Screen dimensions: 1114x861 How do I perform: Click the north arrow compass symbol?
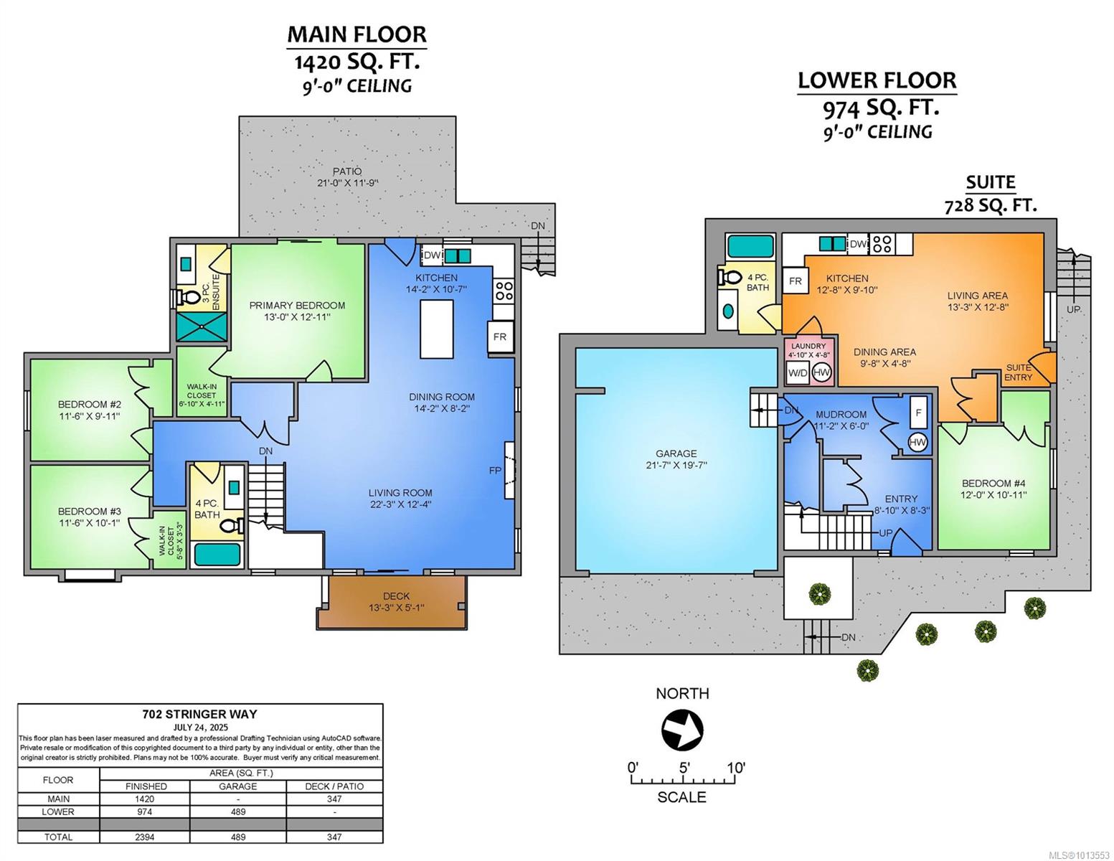[x=682, y=729]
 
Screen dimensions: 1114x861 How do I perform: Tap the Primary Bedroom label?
[x=297, y=305]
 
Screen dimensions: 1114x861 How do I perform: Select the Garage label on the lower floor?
[x=676, y=453]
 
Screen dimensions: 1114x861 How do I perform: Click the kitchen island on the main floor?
[x=436, y=329]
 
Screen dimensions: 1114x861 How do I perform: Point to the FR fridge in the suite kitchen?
[x=795, y=281]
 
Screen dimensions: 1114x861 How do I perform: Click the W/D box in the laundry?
[x=797, y=373]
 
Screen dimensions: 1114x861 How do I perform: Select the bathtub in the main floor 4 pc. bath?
[x=217, y=555]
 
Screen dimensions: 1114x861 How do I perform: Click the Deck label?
[x=396, y=596]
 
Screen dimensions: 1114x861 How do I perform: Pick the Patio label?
[x=347, y=171]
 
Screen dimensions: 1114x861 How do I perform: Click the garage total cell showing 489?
[x=238, y=837]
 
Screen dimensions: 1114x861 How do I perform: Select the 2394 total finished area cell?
[x=145, y=837]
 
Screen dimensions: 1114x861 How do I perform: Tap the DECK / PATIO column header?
[x=334, y=786]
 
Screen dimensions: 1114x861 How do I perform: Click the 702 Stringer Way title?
[x=200, y=714]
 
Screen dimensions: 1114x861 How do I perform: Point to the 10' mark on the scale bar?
[x=736, y=768]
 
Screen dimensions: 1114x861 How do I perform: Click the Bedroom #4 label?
[x=993, y=483]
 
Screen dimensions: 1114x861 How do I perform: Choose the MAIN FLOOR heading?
[x=357, y=34]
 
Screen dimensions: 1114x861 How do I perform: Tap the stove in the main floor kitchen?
[x=504, y=291]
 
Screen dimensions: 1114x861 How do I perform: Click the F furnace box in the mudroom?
[x=919, y=412]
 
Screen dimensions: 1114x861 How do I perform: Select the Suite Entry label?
[x=1018, y=372]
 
